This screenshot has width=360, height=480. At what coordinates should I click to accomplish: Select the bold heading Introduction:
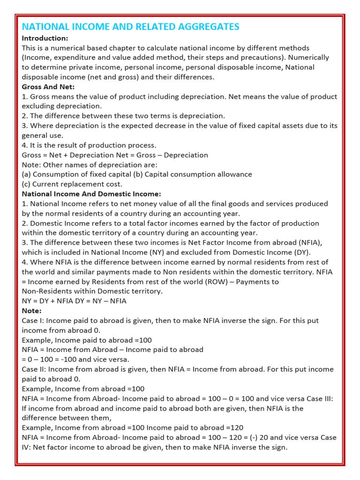click(45, 38)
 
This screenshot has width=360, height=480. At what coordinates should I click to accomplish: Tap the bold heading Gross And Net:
click(48, 87)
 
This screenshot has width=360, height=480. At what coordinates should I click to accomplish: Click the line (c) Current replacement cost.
click(72, 184)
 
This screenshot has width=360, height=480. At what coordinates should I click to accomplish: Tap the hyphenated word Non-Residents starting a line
click(45, 291)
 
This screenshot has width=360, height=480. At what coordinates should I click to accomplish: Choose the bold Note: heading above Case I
click(32, 311)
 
